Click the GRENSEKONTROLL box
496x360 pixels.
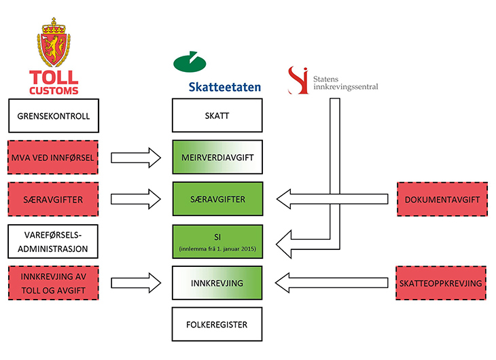coord(53,115)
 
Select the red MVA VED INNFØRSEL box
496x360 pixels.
coord(53,158)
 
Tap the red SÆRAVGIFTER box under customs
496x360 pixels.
coord(53,200)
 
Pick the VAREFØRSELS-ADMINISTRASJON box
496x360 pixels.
coord(53,241)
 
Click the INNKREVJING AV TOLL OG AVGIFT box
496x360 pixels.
coord(53,283)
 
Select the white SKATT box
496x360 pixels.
coord(217,115)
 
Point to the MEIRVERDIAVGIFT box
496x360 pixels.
coord(217,158)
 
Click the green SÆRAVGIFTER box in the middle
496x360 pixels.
coord(217,200)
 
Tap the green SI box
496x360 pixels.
coord(217,241)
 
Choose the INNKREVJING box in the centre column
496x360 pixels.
coord(217,283)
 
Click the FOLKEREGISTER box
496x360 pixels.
coord(217,325)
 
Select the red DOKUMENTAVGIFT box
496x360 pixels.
coord(442,200)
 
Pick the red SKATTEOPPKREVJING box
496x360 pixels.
coord(442,283)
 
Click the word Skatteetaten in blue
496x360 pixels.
coord(224,87)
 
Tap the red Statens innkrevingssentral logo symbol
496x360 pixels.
coord(297,79)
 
